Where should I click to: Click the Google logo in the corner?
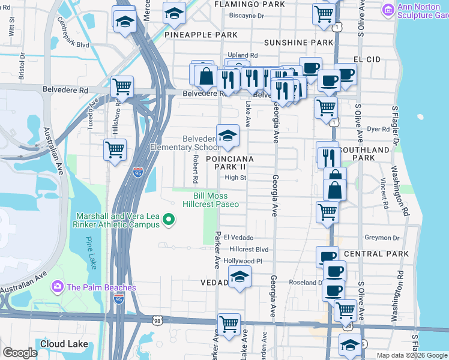pos(20,353)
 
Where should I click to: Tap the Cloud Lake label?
pos(64,344)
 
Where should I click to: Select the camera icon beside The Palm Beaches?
pos(58,287)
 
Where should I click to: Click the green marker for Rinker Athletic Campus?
pos(169,220)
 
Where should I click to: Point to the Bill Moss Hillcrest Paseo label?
pos(216,200)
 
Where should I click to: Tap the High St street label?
pos(235,178)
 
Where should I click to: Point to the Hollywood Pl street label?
pos(243,261)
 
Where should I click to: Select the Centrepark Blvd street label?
pos(73,36)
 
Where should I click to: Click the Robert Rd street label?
pos(196,169)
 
